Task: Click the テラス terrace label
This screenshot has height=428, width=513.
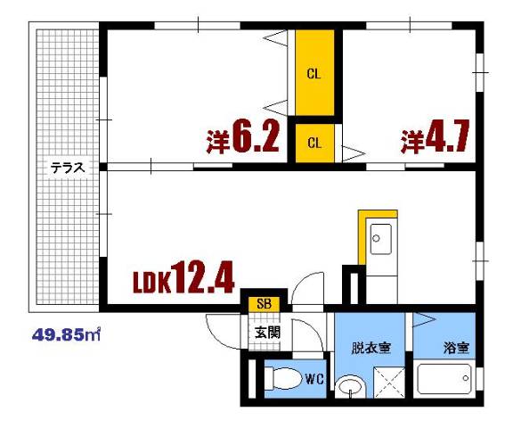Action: pos(67,167)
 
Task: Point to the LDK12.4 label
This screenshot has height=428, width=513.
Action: pos(183,279)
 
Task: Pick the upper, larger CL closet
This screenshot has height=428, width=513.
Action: pos(314,74)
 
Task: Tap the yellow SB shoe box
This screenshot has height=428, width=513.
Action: pos(264,304)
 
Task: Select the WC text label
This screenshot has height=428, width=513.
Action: pos(313,378)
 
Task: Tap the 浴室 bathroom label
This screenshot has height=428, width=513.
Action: pos(455,348)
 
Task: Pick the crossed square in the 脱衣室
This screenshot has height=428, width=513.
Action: pos(388,381)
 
